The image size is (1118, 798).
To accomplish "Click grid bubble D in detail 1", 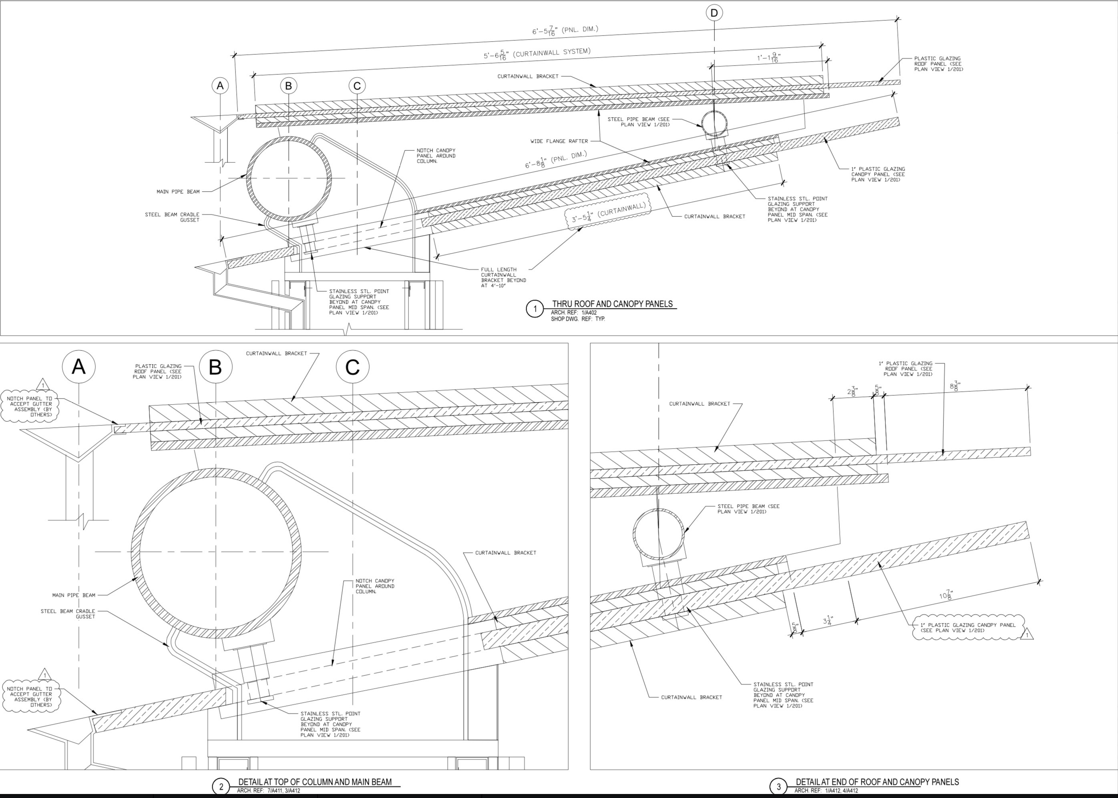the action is click(714, 13).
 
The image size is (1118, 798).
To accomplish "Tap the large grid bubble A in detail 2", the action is click(78, 367).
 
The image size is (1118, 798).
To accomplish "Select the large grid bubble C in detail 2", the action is click(352, 367).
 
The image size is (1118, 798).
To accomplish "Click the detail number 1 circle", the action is click(535, 309).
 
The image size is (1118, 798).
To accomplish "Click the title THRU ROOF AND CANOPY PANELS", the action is click(612, 304).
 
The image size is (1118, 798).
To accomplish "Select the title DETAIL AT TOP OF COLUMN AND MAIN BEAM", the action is click(315, 782).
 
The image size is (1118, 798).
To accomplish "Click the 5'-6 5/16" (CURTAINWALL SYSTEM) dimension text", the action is click(537, 54).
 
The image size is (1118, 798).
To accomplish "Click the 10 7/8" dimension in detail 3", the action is click(946, 595).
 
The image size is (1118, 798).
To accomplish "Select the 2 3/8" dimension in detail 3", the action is click(853, 391).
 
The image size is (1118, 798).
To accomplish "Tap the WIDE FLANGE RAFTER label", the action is click(559, 141).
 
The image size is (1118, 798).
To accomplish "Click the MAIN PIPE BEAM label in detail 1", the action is click(178, 192).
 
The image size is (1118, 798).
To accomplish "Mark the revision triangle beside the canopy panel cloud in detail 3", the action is click(1027, 635).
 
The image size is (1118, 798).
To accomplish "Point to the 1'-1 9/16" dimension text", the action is click(768, 58).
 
